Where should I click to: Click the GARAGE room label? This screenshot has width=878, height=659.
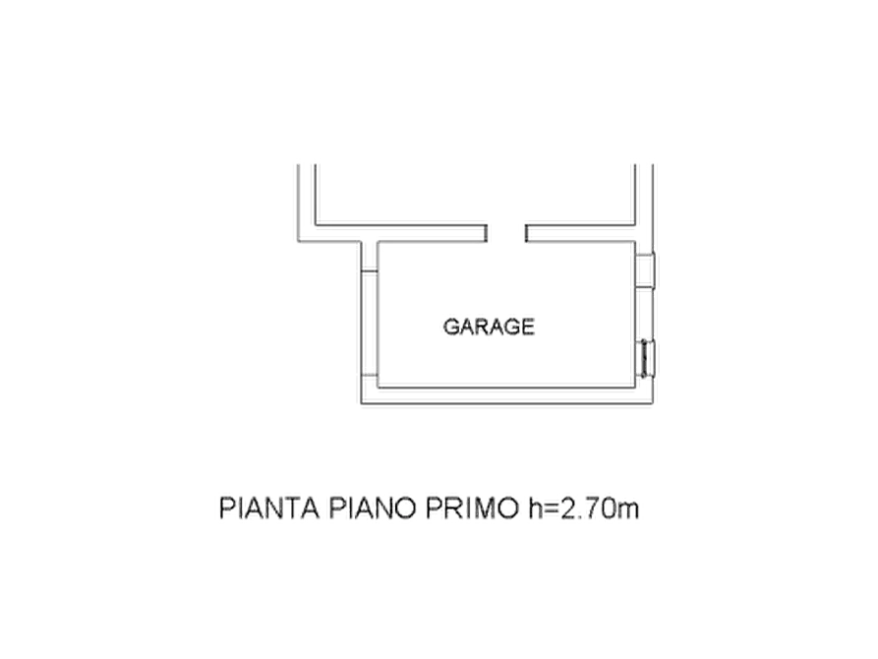[x=489, y=327]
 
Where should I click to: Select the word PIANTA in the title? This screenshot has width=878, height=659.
[x=269, y=509]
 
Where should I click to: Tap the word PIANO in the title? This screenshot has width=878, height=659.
[x=373, y=509]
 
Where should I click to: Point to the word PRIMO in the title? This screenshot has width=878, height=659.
[x=473, y=509]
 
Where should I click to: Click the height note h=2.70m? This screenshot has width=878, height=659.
[x=583, y=509]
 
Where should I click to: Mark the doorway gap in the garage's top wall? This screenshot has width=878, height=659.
[x=506, y=234]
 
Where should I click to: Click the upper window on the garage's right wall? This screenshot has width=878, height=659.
[x=645, y=271]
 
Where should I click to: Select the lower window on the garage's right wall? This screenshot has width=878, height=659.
[x=647, y=359]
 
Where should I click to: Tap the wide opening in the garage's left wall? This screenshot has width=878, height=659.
[x=370, y=324]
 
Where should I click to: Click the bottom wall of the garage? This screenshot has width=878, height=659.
[x=507, y=395]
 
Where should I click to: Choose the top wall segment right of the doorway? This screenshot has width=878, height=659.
[x=581, y=234]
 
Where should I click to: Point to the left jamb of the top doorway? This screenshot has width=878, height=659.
[x=487, y=234]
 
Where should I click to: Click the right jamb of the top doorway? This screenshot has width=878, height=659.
[x=526, y=234]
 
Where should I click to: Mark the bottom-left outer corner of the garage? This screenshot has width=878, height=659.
[x=361, y=403]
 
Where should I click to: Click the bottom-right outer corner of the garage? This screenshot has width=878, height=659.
[x=653, y=403]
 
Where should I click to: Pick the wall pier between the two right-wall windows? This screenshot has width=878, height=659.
[x=645, y=315]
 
